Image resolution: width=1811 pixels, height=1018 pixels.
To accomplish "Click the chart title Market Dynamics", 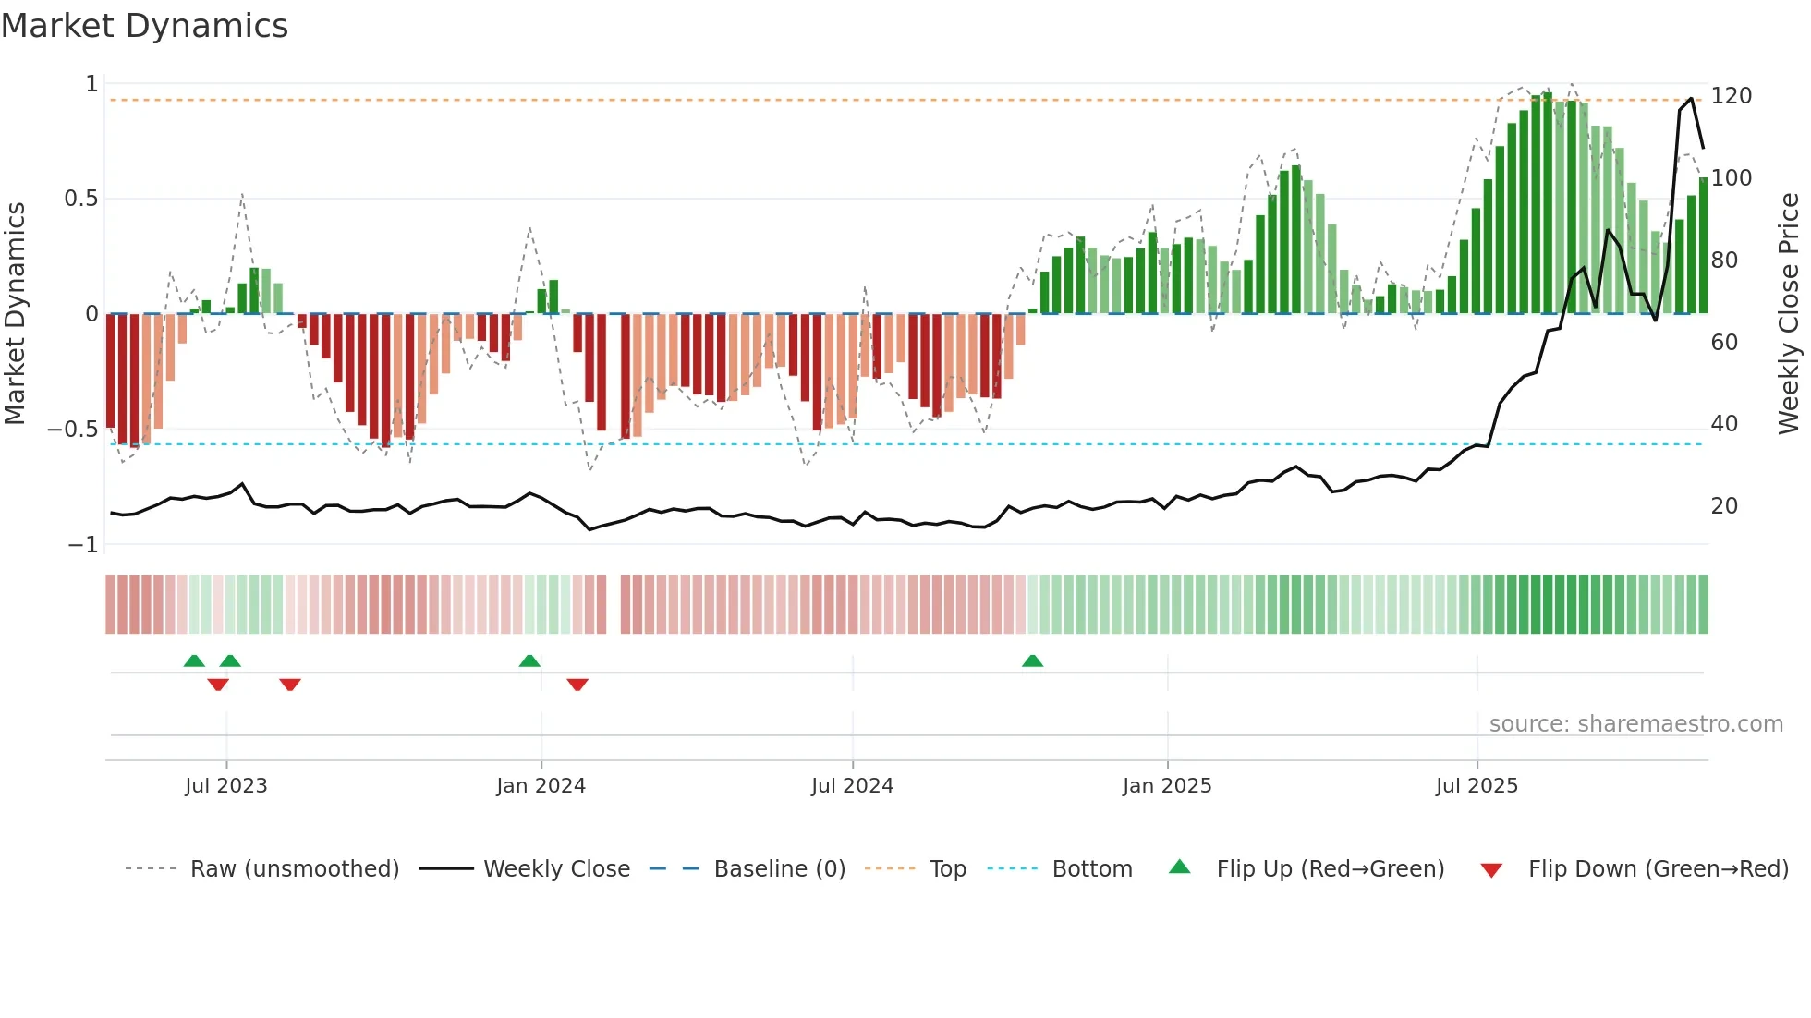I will tap(145, 26).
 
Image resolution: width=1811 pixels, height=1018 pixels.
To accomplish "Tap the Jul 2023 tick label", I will tap(225, 786).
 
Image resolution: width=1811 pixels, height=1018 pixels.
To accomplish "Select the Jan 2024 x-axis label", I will tap(541, 786).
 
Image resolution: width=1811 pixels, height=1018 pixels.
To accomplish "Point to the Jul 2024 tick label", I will tap(852, 786).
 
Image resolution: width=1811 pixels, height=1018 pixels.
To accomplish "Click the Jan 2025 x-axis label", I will tap(1167, 786).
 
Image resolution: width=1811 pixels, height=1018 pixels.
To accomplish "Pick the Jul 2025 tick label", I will tap(1477, 786).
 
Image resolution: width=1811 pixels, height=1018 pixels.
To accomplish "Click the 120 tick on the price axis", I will tap(1732, 96).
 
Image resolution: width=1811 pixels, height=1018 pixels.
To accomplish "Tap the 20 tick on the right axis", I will tap(1724, 506).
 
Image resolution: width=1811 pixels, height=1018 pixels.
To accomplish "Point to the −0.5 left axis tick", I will tap(72, 430).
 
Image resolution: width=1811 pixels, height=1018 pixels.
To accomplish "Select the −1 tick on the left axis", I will tap(82, 545).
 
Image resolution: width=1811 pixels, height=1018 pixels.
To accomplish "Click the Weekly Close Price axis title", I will tap(1789, 314).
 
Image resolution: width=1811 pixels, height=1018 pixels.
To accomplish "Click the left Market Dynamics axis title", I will tap(15, 314).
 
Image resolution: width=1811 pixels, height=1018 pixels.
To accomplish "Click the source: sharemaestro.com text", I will tap(1635, 724).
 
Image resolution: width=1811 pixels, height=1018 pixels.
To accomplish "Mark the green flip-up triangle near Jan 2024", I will tap(529, 661).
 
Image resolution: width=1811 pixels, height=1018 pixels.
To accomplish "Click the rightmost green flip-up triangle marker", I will tap(1032, 661).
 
